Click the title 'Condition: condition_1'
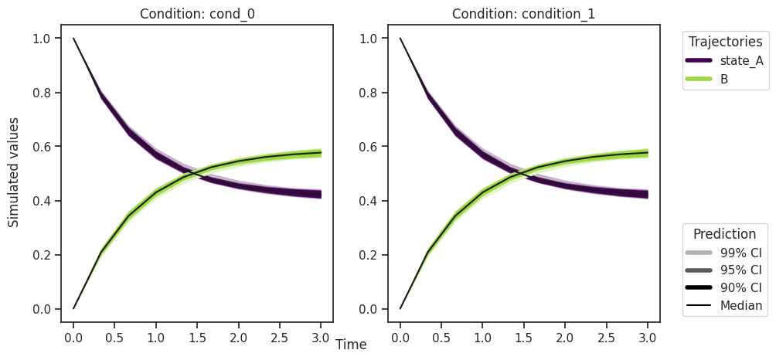coord(523,14)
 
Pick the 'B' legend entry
coord(724,79)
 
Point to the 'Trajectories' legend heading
coord(726,42)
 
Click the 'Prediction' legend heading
coord(724,234)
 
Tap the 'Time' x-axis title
coord(351,345)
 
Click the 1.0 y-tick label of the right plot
coord(373,39)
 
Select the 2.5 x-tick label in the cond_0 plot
coord(279,338)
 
